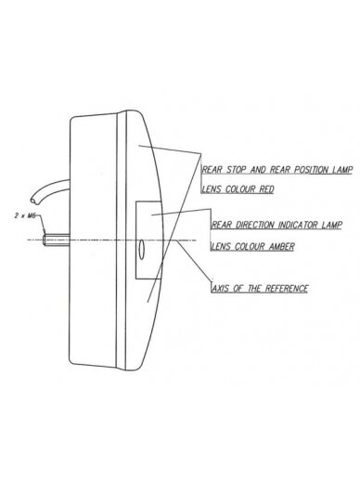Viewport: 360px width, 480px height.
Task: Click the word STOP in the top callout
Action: [237, 170]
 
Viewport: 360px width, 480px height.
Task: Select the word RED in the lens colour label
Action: [266, 189]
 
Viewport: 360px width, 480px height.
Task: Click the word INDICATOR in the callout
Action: [298, 225]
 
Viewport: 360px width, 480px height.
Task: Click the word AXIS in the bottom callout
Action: [221, 289]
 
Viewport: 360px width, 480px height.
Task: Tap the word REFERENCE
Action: [287, 289]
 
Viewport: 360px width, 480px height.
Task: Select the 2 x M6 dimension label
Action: [25, 215]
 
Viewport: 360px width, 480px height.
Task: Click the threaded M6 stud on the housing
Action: [57, 240]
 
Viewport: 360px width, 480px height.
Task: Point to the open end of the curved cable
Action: [35, 200]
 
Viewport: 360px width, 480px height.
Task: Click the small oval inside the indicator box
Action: [141, 249]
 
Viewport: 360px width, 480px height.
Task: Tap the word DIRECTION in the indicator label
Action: [255, 225]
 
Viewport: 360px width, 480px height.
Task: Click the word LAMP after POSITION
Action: [342, 170]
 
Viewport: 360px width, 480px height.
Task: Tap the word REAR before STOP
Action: [212, 170]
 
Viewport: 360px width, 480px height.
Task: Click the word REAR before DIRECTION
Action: [222, 225]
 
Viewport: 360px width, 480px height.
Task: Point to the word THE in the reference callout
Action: [255, 289]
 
